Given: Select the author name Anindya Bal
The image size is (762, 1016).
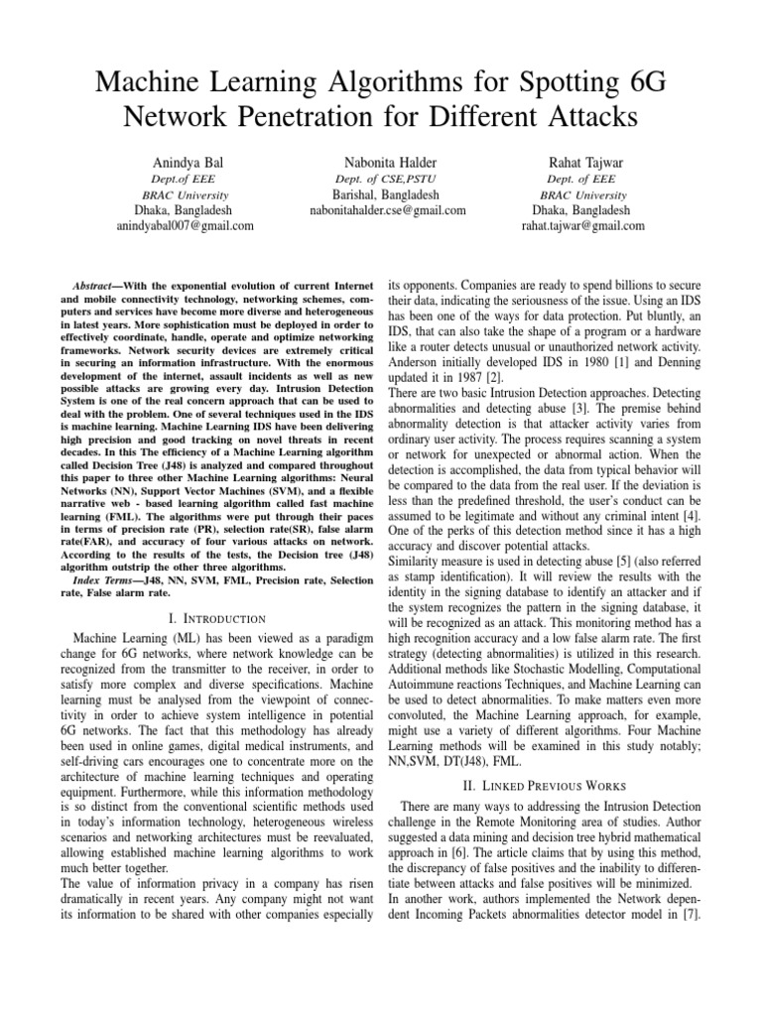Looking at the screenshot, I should [185, 162].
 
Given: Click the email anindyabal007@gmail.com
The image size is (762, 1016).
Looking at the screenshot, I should [185, 225].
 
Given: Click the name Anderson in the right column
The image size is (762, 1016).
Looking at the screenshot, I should [417, 362].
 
